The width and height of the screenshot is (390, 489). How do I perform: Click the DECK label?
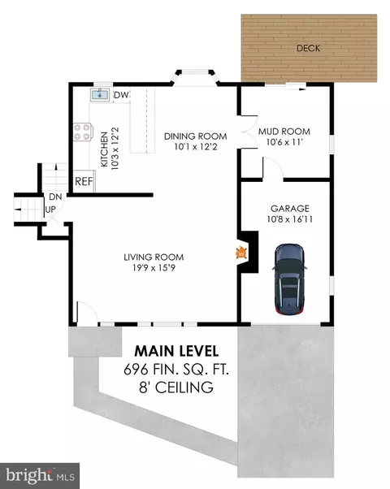tap(308, 48)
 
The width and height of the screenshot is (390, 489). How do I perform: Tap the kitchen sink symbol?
tap(100, 94)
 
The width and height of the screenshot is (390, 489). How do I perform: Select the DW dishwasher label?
tap(121, 95)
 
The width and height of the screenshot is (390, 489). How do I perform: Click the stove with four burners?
tap(83, 132)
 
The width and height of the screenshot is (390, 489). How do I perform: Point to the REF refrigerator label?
tap(84, 181)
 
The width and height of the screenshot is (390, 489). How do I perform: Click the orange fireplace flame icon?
tap(241, 253)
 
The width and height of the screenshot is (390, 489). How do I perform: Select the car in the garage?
tap(290, 279)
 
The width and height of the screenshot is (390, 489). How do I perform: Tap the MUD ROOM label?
tap(284, 132)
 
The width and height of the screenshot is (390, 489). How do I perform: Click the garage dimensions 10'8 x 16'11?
tap(290, 219)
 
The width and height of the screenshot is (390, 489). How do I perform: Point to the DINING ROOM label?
tap(195, 136)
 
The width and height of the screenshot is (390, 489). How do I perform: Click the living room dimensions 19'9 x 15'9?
tap(154, 267)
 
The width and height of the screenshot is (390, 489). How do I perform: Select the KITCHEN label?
tap(104, 149)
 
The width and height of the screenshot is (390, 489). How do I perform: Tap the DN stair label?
tap(55, 197)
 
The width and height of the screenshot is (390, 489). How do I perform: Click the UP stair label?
tap(50, 210)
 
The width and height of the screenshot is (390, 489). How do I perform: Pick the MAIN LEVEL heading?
tap(176, 351)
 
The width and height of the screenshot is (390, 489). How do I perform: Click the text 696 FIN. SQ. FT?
tap(176, 370)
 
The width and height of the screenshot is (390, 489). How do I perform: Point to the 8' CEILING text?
tap(176, 387)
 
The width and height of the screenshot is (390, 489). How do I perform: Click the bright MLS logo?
tap(40, 475)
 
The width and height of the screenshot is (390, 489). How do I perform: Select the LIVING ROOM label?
tap(154, 257)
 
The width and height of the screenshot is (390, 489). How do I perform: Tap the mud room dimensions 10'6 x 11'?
tap(284, 142)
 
